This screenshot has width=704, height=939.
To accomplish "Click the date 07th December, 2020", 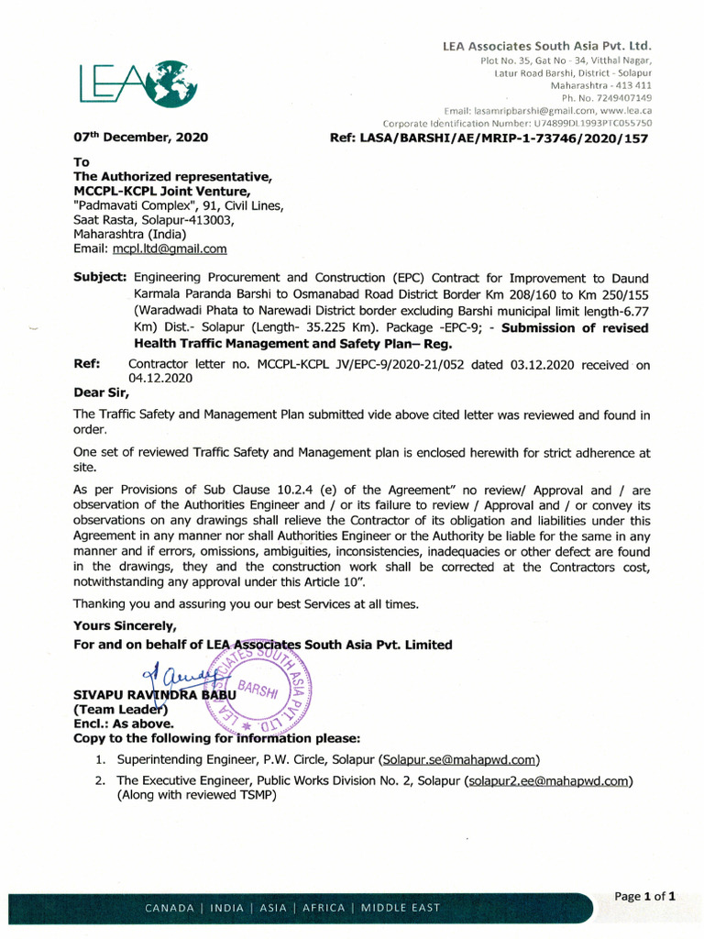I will [140, 138].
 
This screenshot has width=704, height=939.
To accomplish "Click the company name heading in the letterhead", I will [546, 45].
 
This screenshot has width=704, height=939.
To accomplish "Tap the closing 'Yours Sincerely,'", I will [125, 625].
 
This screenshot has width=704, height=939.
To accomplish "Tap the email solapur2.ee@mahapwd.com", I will [548, 781].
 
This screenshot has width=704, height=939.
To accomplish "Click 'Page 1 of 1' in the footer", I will [644, 896].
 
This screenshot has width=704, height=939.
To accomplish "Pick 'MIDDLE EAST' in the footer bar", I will [400, 908].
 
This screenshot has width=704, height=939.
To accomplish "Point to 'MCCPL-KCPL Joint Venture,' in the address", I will [161, 191].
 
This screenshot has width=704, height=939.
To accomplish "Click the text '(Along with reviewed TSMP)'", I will [196, 796].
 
